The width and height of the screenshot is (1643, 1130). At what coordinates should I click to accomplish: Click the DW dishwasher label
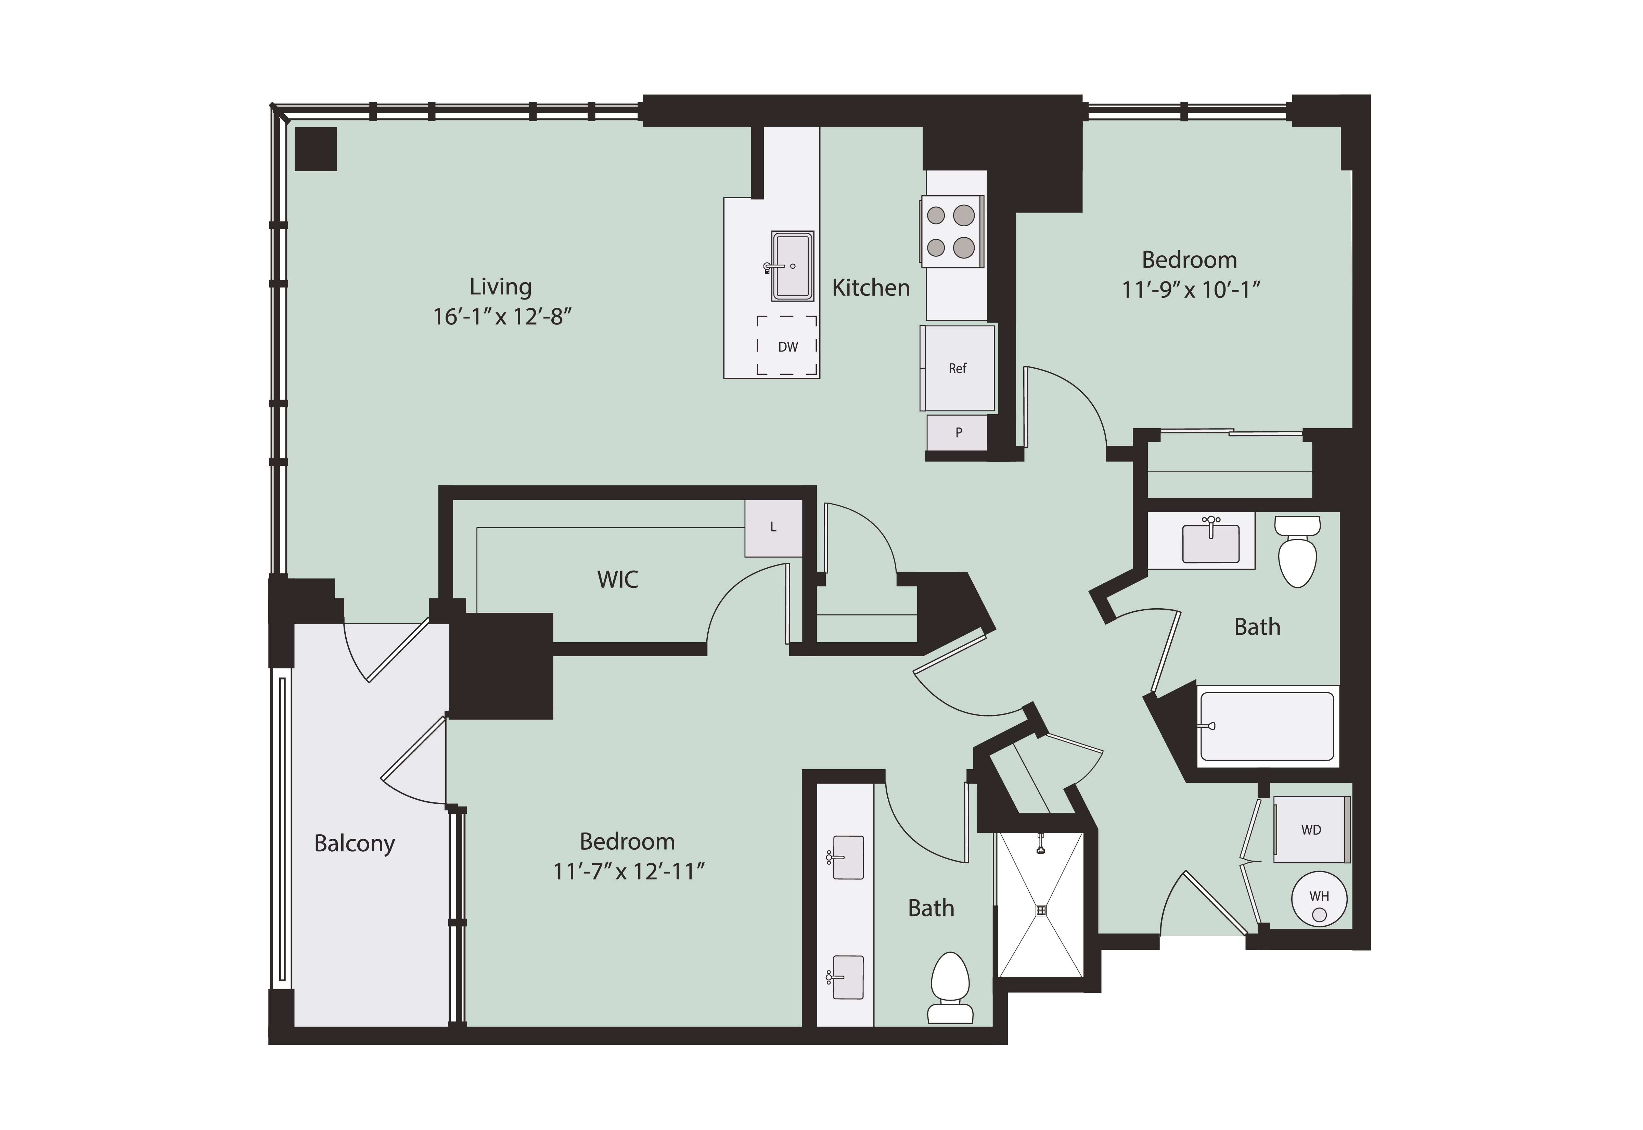[788, 347]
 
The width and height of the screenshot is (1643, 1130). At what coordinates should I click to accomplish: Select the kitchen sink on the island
[792, 266]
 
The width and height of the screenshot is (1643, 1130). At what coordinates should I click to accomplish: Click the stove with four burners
[952, 231]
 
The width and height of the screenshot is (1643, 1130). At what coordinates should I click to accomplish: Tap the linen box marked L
[773, 528]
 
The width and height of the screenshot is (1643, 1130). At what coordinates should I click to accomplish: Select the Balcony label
[354, 844]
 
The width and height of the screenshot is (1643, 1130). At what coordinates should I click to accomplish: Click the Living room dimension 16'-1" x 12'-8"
[502, 317]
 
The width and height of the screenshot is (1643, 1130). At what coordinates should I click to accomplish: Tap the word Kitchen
[871, 288]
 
